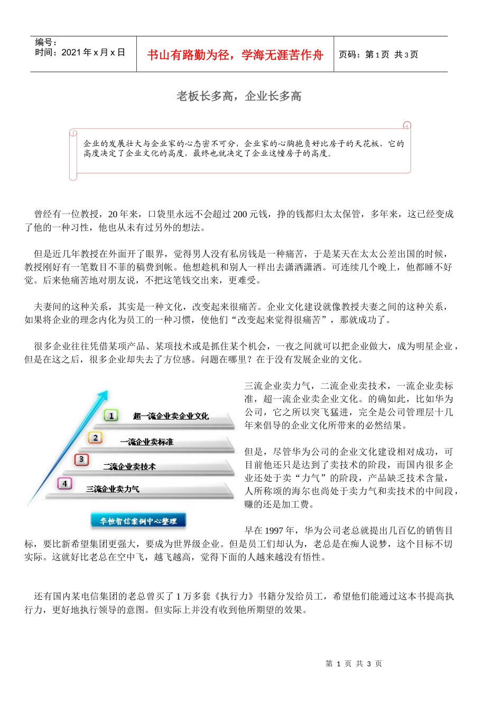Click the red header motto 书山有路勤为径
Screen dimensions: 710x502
coord(235,55)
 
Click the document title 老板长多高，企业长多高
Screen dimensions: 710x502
coord(239,96)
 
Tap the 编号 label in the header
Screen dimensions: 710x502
coord(45,42)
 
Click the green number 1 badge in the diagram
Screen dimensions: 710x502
coord(111,416)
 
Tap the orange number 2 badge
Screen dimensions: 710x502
coord(96,438)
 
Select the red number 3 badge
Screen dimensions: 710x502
coord(81,460)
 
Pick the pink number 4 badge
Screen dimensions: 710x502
coord(65,483)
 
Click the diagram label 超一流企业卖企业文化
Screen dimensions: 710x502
coord(171,416)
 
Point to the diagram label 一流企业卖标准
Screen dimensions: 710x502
coord(146,442)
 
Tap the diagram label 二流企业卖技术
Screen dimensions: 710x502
coord(129,466)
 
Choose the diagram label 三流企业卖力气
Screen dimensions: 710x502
coord(113,489)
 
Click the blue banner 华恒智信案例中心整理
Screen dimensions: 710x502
coord(138,521)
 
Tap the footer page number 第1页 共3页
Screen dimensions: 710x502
coord(354,664)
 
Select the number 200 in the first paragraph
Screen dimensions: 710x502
coord(240,214)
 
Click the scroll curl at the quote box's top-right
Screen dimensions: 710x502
coord(407,125)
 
